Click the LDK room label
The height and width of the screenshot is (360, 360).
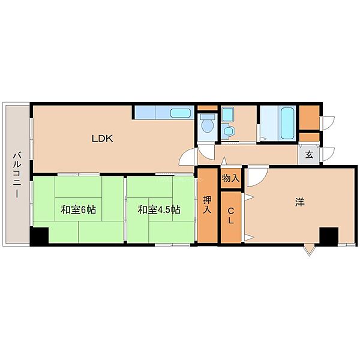click(102, 139)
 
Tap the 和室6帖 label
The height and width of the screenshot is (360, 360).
click(78, 210)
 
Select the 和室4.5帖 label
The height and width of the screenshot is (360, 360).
click(159, 210)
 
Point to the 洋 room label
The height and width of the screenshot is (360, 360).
click(299, 203)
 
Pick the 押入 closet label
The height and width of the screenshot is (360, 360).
click(208, 205)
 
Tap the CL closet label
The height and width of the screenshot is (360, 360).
click(231, 216)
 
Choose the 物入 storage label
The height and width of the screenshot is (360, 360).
click(231, 178)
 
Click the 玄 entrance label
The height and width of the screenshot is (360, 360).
click(309, 155)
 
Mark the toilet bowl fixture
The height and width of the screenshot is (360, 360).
click(208, 124)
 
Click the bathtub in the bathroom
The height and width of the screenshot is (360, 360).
click(286, 123)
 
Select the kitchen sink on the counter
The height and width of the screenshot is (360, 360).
click(181, 113)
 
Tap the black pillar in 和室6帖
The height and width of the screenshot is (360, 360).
click(40, 235)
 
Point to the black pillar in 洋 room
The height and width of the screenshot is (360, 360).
click(329, 235)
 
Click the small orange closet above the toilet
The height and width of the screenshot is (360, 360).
click(208, 108)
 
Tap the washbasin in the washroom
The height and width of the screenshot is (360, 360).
click(229, 131)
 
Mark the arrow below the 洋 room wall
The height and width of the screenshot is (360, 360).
click(309, 249)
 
